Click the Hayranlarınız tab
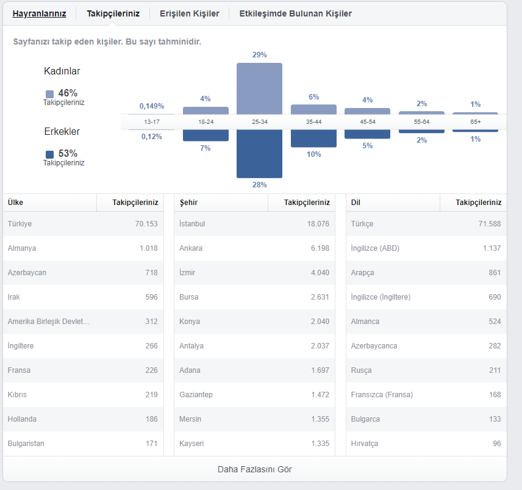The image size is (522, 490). [39, 13]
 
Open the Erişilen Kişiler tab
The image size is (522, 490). [190, 13]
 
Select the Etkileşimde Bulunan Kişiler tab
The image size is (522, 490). [296, 13]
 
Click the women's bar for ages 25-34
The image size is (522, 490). [259, 88]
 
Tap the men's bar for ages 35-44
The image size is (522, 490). [313, 139]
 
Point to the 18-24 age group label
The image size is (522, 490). [206, 122]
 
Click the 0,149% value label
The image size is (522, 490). [152, 106]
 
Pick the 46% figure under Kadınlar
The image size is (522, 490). [68, 93]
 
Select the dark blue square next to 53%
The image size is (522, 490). [49, 154]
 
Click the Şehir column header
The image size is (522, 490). [189, 203]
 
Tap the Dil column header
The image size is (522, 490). [356, 203]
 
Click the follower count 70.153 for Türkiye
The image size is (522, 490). [146, 224]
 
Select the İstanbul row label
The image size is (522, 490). [192, 224]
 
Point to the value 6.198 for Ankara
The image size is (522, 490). [320, 248]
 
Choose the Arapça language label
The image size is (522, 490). [363, 273]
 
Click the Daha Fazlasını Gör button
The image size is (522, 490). [255, 469]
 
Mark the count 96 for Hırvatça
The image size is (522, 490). [497, 444]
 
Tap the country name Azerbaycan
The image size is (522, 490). [27, 273]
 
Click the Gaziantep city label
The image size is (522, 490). [196, 395]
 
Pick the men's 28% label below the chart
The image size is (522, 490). [260, 184]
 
